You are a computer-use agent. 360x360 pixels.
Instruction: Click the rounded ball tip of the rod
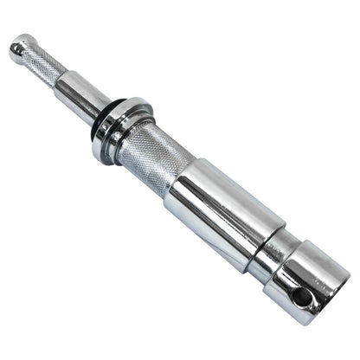click(19, 48)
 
